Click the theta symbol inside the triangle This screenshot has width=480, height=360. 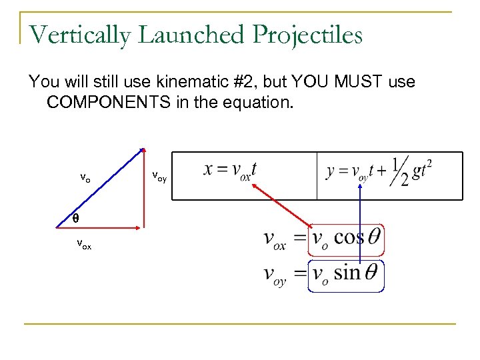point(75,218)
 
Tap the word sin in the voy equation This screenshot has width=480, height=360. point(347,273)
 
